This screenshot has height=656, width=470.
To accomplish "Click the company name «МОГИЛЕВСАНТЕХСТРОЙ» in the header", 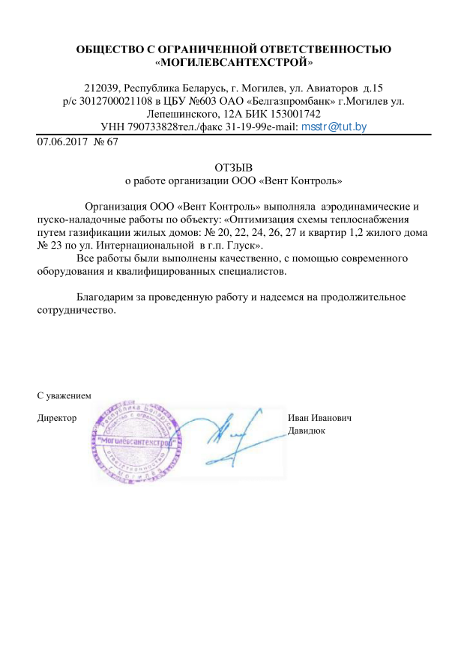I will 234,63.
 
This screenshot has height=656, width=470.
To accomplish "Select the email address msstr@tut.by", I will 334,127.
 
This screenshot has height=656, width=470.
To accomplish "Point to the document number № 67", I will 106,142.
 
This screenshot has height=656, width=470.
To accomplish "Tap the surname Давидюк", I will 307,431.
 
